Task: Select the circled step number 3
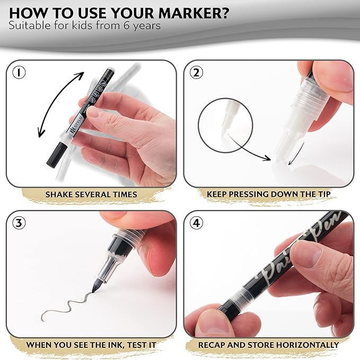point(19,223)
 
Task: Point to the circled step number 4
point(197,223)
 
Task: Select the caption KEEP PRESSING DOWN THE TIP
point(268,194)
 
